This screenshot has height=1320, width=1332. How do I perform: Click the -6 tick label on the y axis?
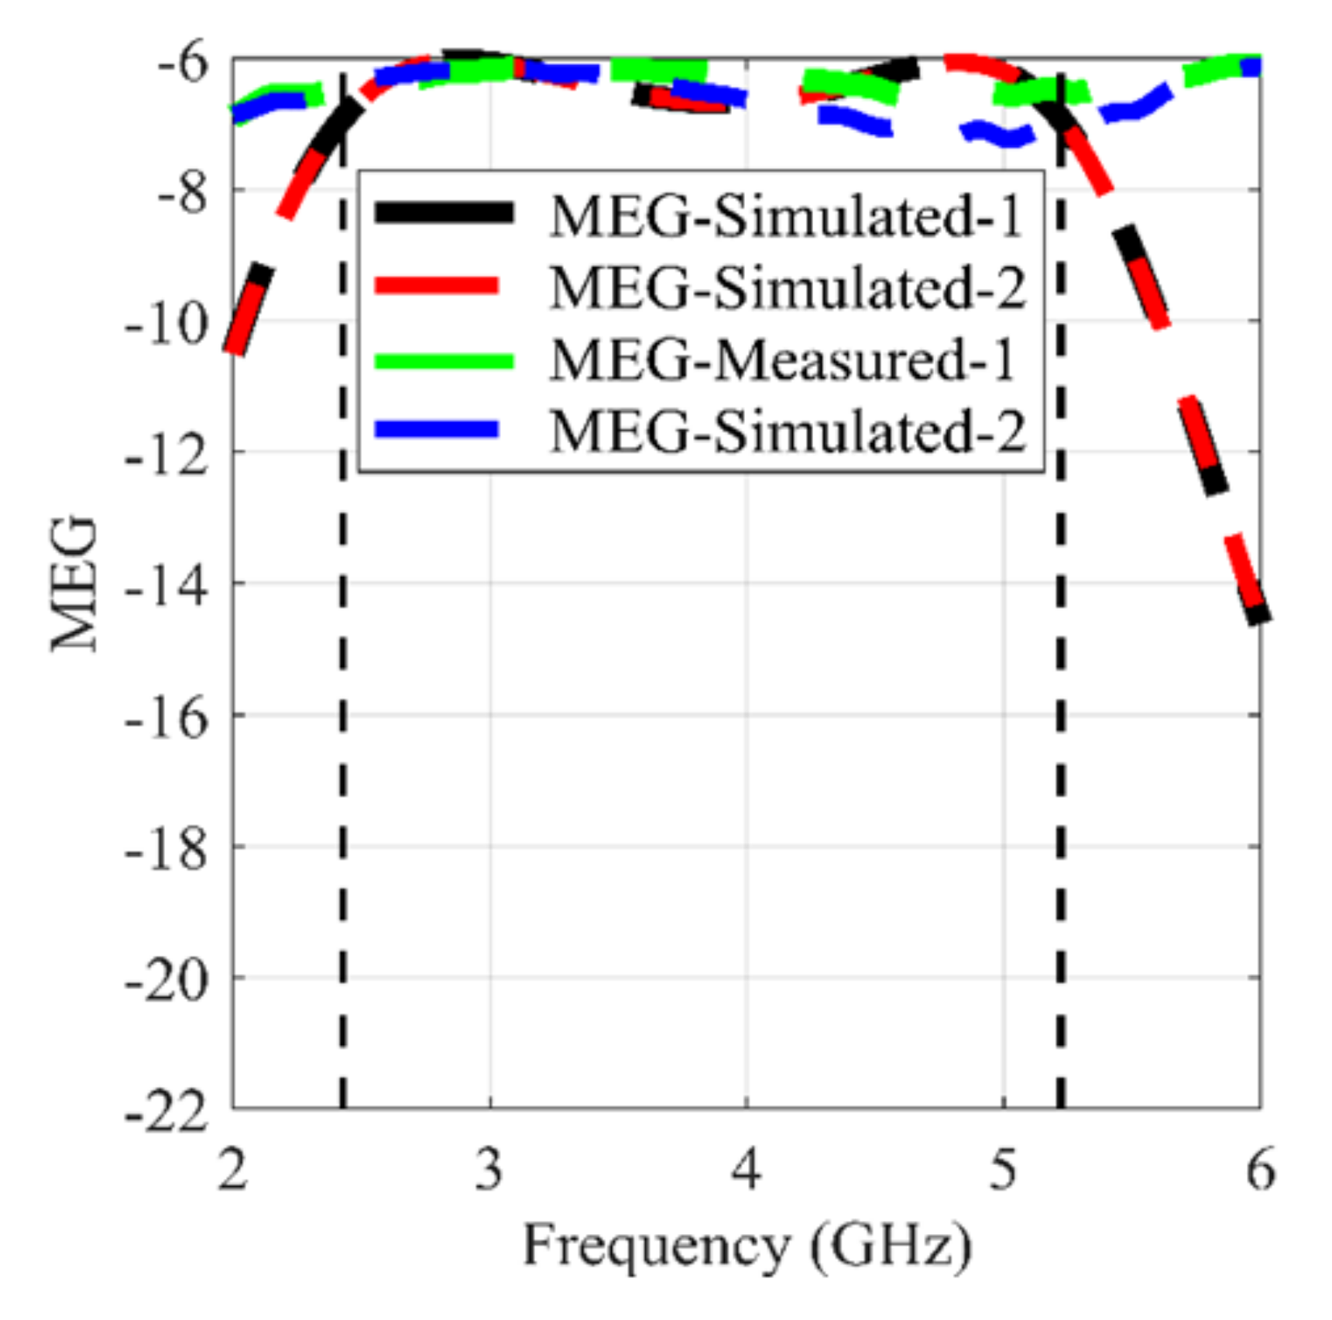[x=183, y=62]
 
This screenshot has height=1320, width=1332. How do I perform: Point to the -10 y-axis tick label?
[x=166, y=324]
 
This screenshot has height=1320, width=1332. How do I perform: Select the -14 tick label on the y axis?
[x=166, y=586]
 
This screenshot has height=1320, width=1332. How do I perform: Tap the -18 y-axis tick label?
[x=166, y=850]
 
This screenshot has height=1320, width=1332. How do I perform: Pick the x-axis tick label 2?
[x=232, y=1168]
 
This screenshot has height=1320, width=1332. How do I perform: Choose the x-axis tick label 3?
[x=489, y=1168]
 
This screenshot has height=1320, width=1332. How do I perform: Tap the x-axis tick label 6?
[x=1260, y=1168]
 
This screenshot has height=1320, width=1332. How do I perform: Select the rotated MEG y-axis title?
[x=74, y=585]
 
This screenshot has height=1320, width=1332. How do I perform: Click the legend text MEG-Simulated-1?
[x=787, y=215]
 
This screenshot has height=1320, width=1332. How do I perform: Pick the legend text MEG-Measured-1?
[x=782, y=359]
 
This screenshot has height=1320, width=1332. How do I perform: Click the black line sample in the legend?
[x=444, y=212]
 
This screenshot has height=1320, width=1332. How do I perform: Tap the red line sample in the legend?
[x=438, y=285]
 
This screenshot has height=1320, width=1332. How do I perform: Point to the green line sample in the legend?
[x=444, y=361]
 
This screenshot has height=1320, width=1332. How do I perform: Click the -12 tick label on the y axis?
[x=166, y=455]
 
